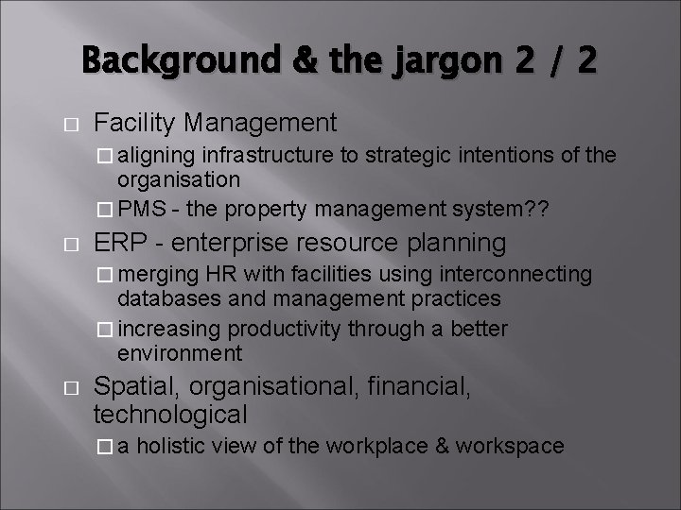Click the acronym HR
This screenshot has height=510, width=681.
(x=207, y=274)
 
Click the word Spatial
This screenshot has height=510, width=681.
(x=140, y=386)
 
